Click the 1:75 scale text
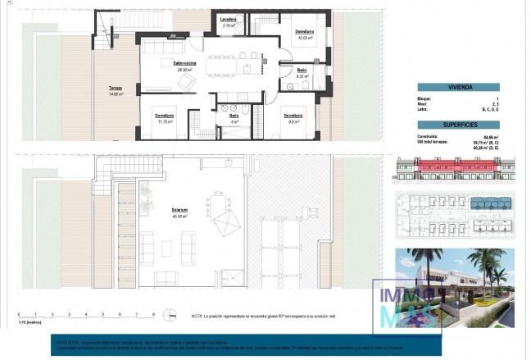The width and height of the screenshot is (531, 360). [29, 323]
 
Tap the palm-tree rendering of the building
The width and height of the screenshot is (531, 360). [455, 287]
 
